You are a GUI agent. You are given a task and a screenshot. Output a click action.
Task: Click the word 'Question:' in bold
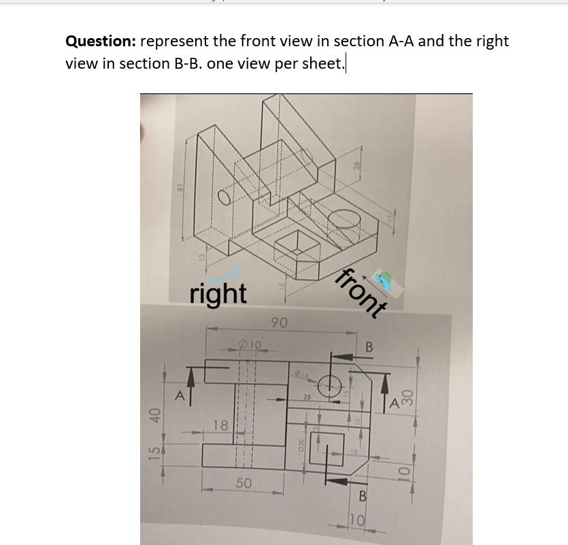coord(100,41)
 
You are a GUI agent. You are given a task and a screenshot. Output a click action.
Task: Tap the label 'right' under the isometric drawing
coord(218,294)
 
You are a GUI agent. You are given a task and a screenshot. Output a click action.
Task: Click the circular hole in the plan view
coord(335,383)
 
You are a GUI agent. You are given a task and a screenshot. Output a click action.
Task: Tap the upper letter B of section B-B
coord(369,348)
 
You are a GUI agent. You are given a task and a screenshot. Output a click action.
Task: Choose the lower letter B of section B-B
coord(363,496)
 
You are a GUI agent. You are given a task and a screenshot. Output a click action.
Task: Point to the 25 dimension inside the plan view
coord(307,397)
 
